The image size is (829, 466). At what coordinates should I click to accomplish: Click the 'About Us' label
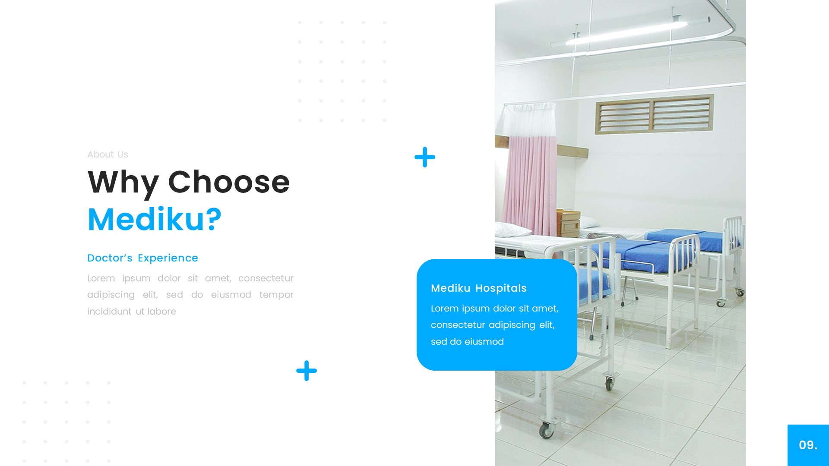point(108,154)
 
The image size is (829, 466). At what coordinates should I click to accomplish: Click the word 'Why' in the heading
point(123,182)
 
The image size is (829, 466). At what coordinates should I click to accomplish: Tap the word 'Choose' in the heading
point(229,182)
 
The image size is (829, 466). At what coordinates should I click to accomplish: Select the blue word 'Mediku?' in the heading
point(155,219)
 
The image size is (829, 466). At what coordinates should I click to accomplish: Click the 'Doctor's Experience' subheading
point(142,258)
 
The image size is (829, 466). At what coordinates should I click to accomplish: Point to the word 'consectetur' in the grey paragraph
point(266,278)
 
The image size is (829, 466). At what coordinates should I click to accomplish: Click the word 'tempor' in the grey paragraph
point(276,295)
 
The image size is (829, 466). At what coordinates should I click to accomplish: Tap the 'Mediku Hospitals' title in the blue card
point(478,288)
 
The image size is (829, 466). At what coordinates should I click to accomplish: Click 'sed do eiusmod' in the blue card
point(467,342)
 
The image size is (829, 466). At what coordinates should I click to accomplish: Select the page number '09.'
point(808,445)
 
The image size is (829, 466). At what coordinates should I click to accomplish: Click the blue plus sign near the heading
point(425,157)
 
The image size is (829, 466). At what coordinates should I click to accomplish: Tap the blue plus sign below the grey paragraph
point(307,371)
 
